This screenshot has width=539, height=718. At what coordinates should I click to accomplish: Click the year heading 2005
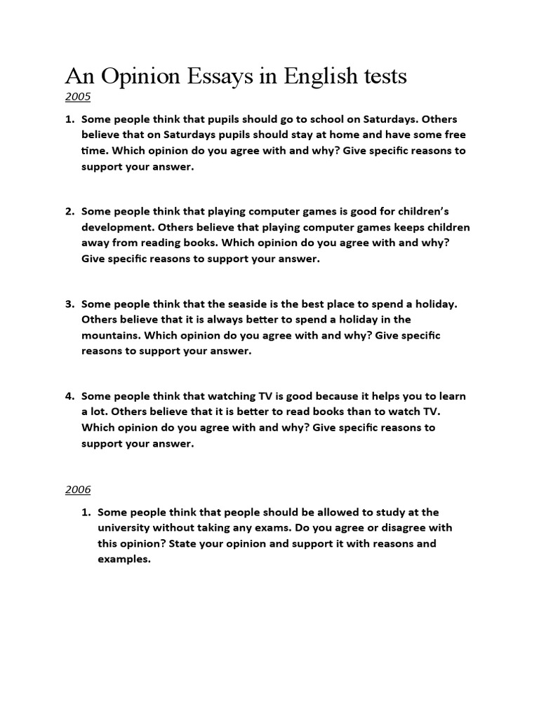point(78,97)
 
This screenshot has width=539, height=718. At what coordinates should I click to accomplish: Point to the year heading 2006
point(78,489)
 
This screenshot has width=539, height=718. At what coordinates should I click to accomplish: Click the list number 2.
point(70,211)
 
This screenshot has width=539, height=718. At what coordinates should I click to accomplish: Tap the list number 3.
point(70,304)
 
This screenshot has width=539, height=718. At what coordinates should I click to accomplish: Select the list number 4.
point(70,397)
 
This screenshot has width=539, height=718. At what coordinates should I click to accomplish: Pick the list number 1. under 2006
point(87,513)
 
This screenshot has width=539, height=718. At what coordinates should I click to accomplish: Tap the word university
point(125,528)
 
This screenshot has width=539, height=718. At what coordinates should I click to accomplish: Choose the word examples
point(124,559)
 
